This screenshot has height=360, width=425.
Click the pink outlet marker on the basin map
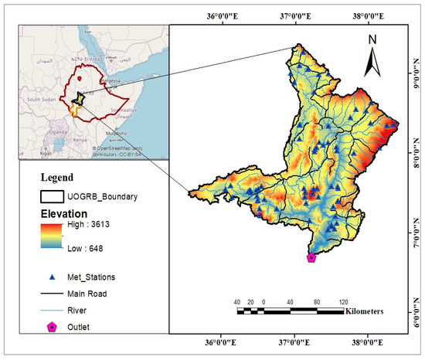click(311, 258)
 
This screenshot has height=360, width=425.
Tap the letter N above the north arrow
click(372, 39)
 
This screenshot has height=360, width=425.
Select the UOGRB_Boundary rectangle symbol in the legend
click(52, 197)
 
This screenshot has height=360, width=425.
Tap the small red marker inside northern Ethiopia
click(79, 79)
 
